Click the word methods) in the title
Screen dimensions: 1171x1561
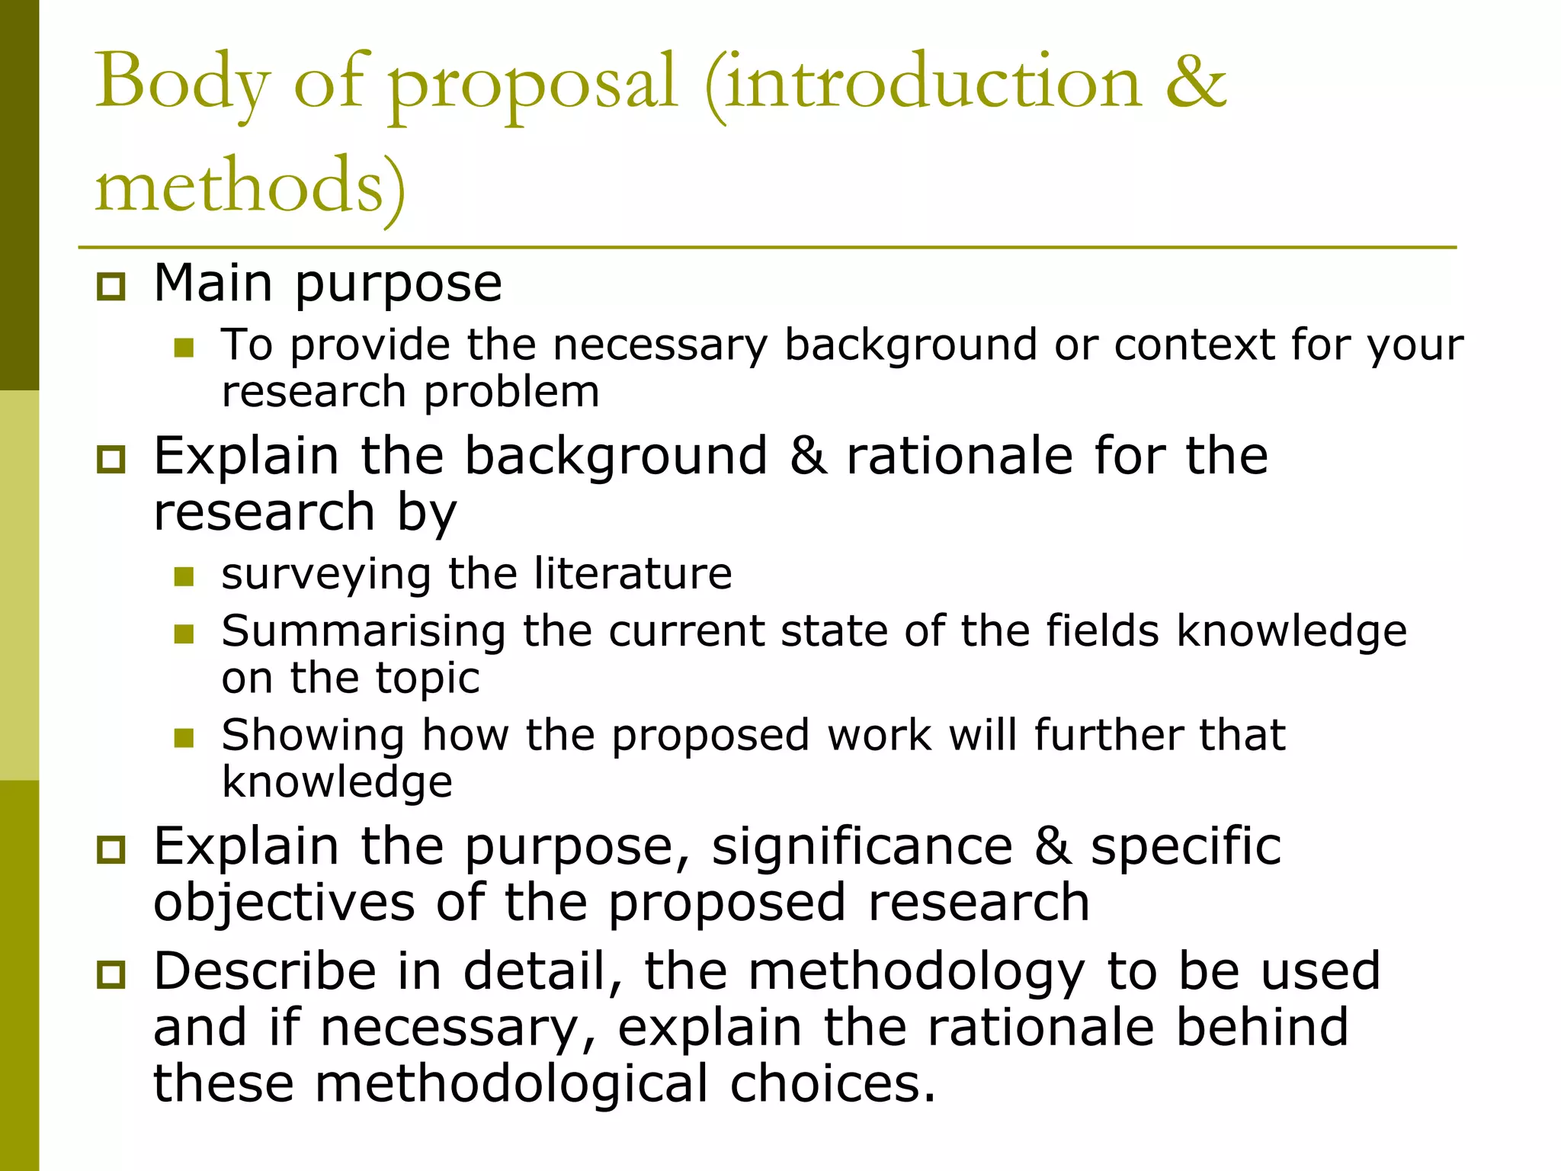[x=250, y=186]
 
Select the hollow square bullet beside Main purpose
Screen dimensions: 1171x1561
[x=111, y=287]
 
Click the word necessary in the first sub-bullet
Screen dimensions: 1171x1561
[x=660, y=345]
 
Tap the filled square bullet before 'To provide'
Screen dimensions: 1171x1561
[x=184, y=348]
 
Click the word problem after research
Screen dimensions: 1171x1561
[x=511, y=392]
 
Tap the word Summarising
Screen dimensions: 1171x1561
[x=364, y=631]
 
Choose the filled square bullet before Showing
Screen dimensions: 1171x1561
[x=184, y=737]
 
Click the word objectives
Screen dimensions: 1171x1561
[x=284, y=903]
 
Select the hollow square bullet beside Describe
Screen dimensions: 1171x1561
[x=111, y=974]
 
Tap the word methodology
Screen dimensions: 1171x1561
[x=916, y=973]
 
